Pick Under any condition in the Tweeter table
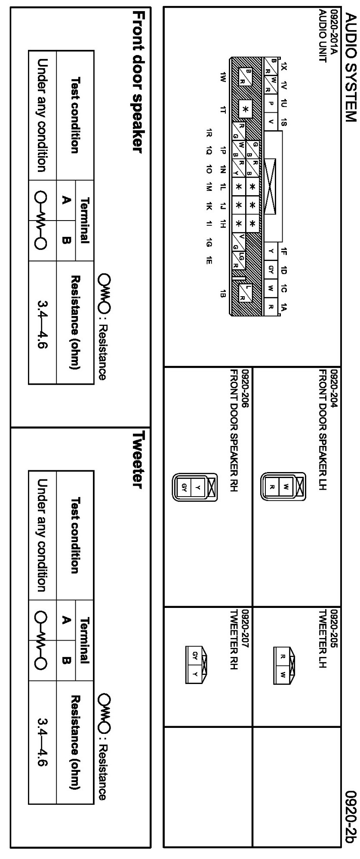point(42,536)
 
